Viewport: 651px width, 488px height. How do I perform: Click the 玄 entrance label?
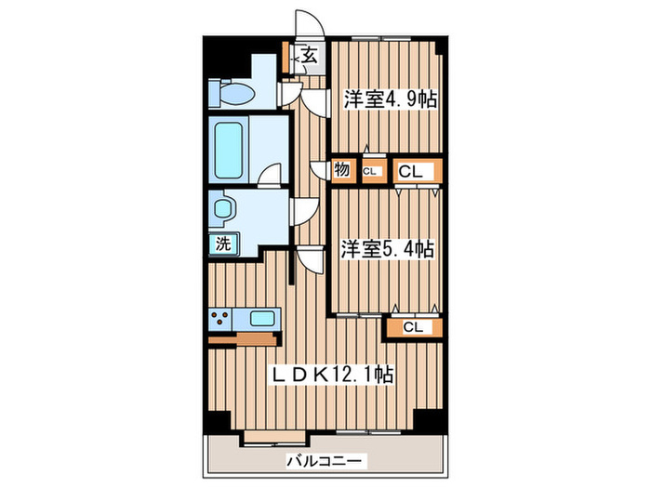pyautogui.click(x=309, y=57)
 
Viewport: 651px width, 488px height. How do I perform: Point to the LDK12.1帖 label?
pyautogui.click(x=332, y=374)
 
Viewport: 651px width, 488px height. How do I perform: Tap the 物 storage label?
pyautogui.click(x=341, y=170)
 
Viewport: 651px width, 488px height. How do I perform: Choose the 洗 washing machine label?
pyautogui.click(x=223, y=244)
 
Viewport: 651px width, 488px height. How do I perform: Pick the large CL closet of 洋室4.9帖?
pyautogui.click(x=410, y=170)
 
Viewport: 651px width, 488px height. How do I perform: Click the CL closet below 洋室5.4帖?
pyautogui.click(x=413, y=326)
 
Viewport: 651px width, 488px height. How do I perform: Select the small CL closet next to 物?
pyautogui.click(x=370, y=171)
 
